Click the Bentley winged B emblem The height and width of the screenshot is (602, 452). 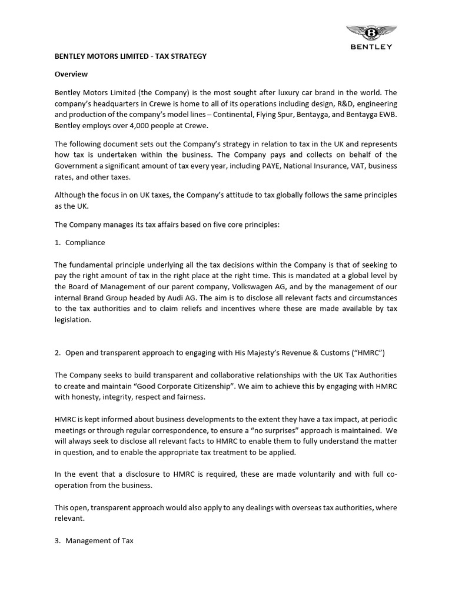[x=369, y=32]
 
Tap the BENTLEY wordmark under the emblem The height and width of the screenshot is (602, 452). [x=369, y=47]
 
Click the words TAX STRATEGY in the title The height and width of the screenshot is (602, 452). [x=180, y=56]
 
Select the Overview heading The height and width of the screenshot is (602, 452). [x=71, y=74]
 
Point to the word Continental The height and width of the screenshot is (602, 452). [x=231, y=114]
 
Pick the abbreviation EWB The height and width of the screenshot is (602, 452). [x=387, y=114]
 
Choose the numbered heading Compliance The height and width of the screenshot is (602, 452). [x=85, y=242]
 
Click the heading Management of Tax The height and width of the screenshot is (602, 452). [x=99, y=540]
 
